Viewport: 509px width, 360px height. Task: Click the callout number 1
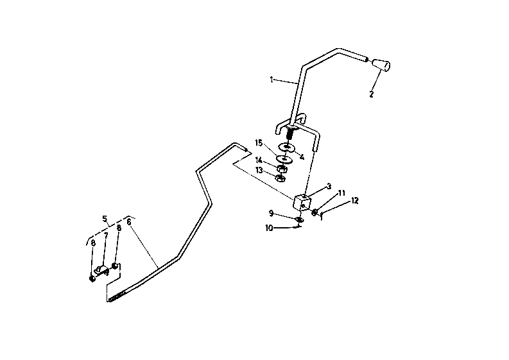[272, 80]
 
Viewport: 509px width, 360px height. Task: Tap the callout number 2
[372, 94]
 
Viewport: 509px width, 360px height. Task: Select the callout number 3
[329, 186]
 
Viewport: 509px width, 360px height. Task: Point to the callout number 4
[302, 157]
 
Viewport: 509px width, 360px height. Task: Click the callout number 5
[105, 219]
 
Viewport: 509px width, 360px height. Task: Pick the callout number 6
[129, 222]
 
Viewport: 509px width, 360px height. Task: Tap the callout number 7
[106, 235]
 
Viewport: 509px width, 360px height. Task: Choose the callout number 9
[271, 213]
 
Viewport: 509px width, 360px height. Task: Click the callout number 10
[269, 228]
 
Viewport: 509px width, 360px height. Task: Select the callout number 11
[341, 193]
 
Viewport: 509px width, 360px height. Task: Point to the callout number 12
[355, 201]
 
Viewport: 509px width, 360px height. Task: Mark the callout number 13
[259, 171]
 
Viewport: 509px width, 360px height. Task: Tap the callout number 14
[259, 160]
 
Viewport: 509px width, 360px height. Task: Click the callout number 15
[259, 143]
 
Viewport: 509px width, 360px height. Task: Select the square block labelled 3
[302, 203]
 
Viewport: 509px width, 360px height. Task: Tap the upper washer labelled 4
[286, 147]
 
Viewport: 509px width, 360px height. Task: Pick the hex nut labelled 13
[280, 178]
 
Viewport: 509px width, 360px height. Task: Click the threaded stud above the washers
[289, 133]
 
